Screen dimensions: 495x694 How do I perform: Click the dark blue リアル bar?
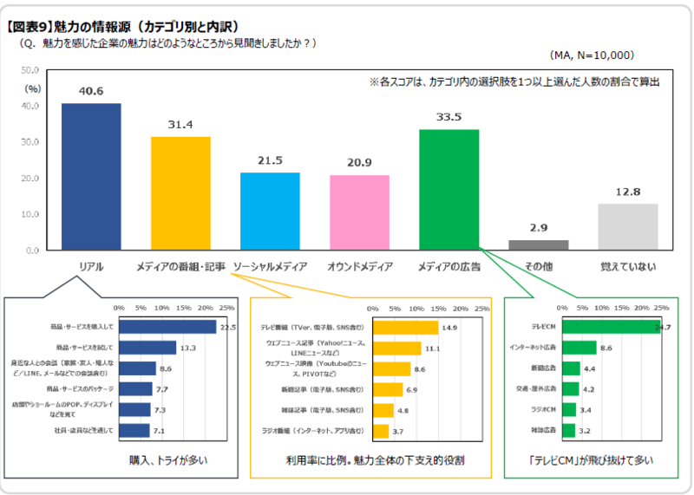coord(91,177)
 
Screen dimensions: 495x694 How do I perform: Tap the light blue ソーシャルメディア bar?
coord(270,212)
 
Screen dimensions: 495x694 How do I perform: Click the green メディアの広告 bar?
coord(448,190)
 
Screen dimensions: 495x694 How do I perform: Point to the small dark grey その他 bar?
coord(538,245)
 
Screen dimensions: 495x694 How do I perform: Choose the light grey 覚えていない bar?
coord(627,227)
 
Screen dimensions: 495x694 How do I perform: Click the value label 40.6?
coord(91,89)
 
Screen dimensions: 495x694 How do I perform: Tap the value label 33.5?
coord(448,116)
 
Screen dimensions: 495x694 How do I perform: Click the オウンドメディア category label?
coord(359,267)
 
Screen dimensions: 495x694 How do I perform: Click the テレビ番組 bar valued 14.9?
coord(405,328)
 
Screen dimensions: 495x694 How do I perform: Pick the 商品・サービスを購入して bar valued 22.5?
coord(167,327)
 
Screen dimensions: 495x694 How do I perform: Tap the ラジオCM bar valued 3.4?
coord(569,409)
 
